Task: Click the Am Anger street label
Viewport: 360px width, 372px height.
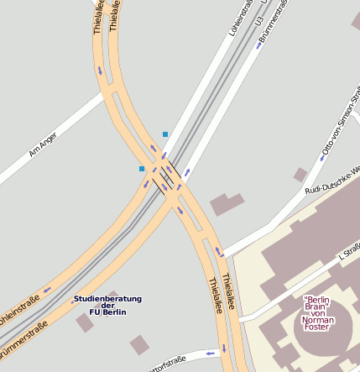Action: tap(43, 145)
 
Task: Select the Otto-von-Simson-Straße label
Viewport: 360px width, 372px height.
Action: tap(334, 134)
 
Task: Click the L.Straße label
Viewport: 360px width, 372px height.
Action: tap(348, 251)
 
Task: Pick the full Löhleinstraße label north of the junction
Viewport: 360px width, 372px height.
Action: tap(241, 18)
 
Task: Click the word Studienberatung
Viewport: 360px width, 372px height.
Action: tap(107, 298)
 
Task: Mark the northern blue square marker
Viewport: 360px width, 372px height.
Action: tap(165, 134)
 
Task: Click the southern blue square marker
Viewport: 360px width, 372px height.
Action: tap(142, 169)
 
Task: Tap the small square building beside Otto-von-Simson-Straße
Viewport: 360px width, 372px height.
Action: tap(300, 175)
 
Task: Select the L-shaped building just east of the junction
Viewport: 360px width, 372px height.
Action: tap(225, 204)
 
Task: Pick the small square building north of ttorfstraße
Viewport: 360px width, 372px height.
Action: tap(140, 344)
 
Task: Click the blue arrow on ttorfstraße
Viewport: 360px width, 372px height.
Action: tap(209, 353)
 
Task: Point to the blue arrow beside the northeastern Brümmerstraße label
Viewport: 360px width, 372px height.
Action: tap(259, 45)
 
